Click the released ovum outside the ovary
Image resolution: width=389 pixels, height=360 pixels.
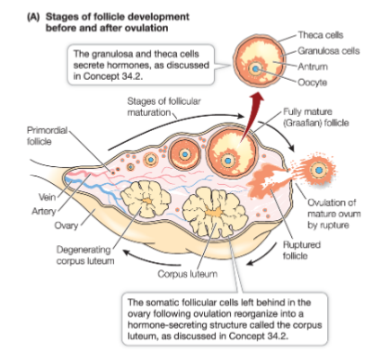315,167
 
